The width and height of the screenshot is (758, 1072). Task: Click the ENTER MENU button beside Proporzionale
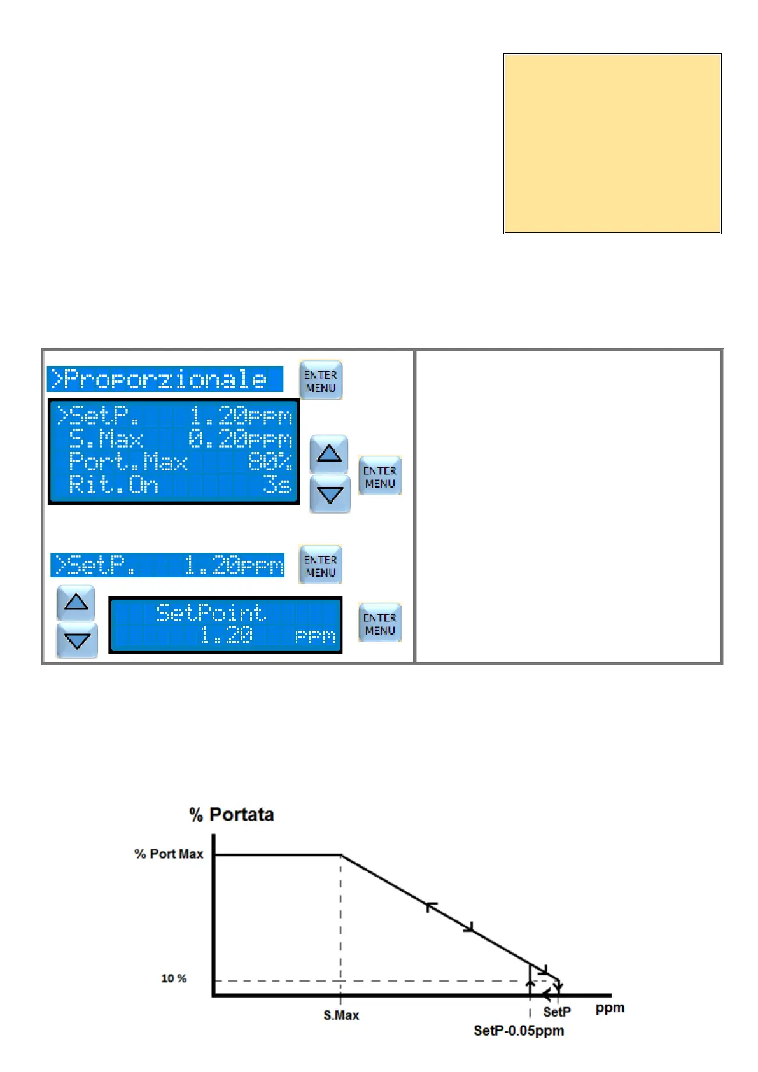pyautogui.click(x=320, y=381)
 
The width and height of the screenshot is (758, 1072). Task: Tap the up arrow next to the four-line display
pyautogui.click(x=328, y=453)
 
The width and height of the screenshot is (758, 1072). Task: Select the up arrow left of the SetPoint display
pyautogui.click(x=76, y=602)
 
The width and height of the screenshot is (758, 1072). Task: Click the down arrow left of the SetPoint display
pyautogui.click(x=77, y=640)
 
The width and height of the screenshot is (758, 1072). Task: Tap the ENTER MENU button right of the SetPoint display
pyautogui.click(x=379, y=623)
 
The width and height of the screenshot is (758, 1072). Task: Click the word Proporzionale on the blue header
pyautogui.click(x=165, y=379)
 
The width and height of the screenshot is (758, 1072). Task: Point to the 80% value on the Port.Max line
pyautogui.click(x=270, y=462)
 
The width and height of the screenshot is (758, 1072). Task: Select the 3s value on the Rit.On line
pyautogui.click(x=277, y=485)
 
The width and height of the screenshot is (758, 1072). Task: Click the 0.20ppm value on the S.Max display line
pyautogui.click(x=240, y=439)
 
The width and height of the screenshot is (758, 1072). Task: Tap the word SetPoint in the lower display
pyautogui.click(x=211, y=613)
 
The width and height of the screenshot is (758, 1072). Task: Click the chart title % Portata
pyautogui.click(x=232, y=815)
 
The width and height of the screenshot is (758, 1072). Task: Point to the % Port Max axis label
pyautogui.click(x=169, y=854)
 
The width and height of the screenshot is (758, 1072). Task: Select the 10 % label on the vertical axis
pyautogui.click(x=174, y=978)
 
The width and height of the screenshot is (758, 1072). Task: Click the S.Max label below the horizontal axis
pyautogui.click(x=341, y=1015)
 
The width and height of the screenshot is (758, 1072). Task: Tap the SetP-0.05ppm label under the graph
pyautogui.click(x=519, y=1031)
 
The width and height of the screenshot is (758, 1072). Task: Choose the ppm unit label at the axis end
pyautogui.click(x=610, y=1008)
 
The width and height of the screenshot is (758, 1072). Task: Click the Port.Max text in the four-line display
pyautogui.click(x=128, y=462)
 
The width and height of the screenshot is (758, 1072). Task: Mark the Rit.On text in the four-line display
pyautogui.click(x=113, y=485)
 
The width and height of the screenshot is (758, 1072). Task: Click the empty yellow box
pyautogui.click(x=612, y=144)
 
